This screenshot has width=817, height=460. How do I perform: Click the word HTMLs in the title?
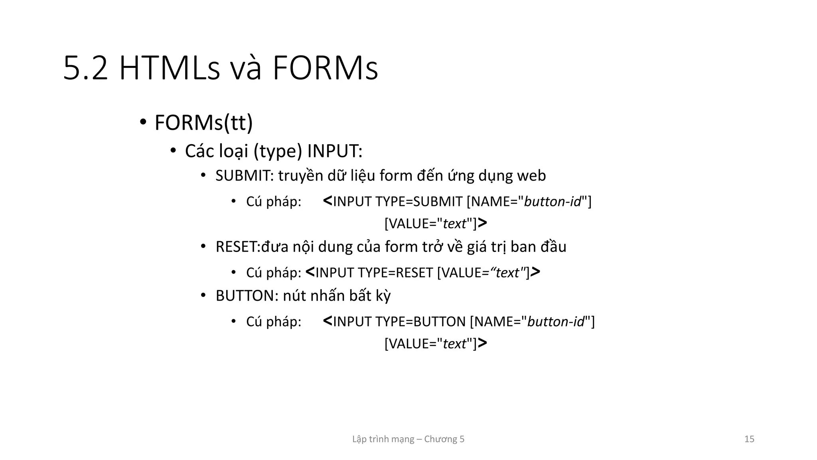point(170,69)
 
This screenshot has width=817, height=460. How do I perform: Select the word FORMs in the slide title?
point(325,69)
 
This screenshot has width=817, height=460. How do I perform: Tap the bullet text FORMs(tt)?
point(203,123)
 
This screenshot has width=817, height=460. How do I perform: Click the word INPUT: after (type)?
point(335,151)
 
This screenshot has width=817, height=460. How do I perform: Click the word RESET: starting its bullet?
point(238,247)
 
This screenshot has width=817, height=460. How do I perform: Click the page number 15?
point(749,439)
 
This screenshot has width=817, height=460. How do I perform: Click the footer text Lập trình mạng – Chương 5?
point(408,439)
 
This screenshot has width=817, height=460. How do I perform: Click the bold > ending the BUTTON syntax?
point(482,343)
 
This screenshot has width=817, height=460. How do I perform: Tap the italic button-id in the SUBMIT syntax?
point(553,202)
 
